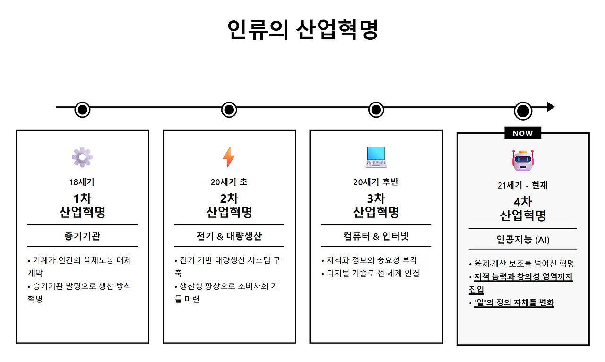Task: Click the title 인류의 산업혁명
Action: coord(302,30)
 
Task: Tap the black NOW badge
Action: coord(522,133)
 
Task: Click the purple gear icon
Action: coord(82,157)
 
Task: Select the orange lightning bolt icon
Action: coord(229,157)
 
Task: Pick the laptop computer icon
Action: coord(376,157)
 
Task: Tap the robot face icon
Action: coord(522,161)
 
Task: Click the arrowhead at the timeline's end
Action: coord(551,107)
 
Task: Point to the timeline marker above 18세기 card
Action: coord(82,110)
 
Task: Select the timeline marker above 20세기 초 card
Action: coord(229,110)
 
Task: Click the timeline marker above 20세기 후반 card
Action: coord(376,110)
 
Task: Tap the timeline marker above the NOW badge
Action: coord(523,111)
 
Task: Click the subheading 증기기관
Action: coord(82,236)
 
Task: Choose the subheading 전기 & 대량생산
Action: coord(229,236)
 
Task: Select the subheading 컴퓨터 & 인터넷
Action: coord(376,236)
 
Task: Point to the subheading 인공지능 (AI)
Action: coord(523,240)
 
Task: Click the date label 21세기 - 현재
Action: coord(522,185)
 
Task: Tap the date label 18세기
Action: coord(82,182)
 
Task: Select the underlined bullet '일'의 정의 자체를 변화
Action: coord(514,303)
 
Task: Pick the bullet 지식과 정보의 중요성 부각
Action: coord(372,260)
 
